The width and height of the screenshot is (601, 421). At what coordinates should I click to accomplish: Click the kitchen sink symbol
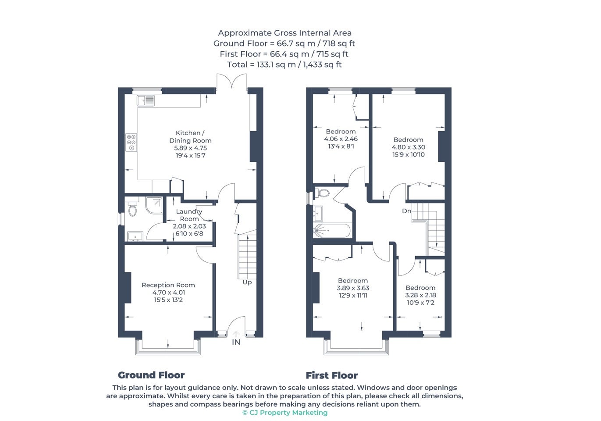146,101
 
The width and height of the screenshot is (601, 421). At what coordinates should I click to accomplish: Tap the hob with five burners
132,142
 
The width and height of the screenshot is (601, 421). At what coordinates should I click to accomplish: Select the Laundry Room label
189,215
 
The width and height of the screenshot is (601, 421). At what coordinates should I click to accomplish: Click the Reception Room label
168,285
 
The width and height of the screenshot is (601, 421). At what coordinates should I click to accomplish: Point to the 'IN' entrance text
236,342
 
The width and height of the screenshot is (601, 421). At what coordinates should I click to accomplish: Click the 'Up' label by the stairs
247,282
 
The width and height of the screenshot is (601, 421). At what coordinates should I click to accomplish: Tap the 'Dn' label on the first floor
406,211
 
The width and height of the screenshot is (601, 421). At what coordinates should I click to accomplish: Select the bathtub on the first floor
331,230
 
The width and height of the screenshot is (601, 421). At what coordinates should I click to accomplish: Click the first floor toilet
322,193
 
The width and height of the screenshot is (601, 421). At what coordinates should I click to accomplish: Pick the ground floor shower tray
154,205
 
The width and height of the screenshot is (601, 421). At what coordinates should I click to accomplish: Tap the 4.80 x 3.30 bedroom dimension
409,147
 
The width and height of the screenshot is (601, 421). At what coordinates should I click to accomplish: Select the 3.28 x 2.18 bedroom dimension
420,295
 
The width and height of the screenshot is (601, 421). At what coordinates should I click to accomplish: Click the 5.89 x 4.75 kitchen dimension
191,148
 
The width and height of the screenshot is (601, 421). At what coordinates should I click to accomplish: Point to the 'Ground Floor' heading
151,375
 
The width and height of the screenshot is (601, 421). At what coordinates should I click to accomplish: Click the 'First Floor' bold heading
332,375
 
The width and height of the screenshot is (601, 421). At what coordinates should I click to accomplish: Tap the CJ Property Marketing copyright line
285,413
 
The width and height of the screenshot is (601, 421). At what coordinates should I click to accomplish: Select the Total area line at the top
284,64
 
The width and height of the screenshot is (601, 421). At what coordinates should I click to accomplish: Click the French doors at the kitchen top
232,82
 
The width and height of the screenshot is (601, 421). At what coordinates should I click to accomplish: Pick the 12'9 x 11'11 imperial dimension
353,296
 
